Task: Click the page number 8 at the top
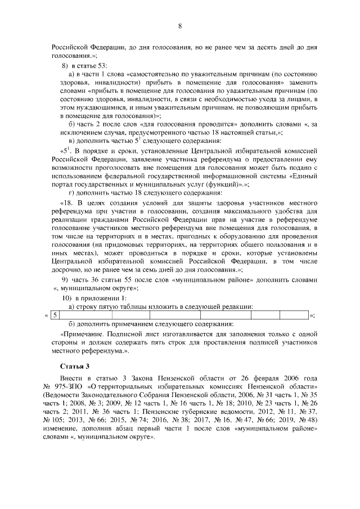179,26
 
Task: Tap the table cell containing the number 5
55,316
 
